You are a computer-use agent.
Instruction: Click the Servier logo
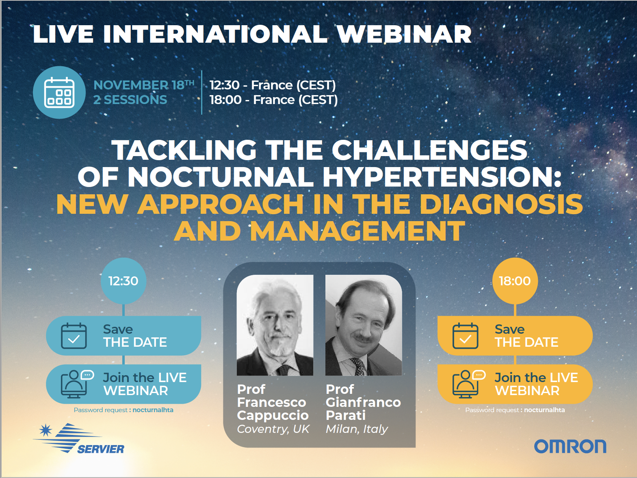tap(79, 438)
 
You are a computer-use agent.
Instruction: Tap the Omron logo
tap(570, 446)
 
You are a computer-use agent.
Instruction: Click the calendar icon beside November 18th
tap(59, 92)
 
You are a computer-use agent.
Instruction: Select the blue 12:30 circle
tap(123, 280)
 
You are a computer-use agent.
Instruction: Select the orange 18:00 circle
tap(515, 280)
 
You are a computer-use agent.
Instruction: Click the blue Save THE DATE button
tap(123, 336)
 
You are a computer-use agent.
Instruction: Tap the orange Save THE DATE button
tap(515, 336)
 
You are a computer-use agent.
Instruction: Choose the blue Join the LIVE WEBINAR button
tap(123, 384)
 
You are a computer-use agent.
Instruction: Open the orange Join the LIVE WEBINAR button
tap(515, 384)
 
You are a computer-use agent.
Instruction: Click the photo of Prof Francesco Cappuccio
tap(275, 325)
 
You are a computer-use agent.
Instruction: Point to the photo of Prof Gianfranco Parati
tap(364, 325)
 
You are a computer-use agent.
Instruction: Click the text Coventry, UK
tap(273, 429)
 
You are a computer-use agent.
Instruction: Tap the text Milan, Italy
tap(357, 429)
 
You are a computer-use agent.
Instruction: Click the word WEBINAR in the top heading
tap(404, 34)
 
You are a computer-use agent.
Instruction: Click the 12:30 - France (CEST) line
tap(273, 85)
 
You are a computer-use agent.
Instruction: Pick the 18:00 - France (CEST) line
tap(274, 100)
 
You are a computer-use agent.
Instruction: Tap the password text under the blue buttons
tap(123, 410)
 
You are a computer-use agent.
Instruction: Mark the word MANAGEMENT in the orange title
tap(357, 231)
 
